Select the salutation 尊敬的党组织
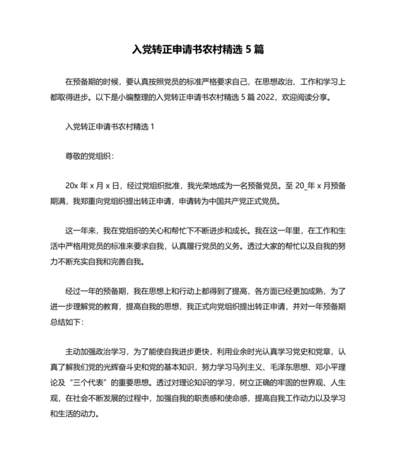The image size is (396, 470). click(88, 155)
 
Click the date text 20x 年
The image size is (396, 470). click(77, 184)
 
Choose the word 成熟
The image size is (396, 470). click(314, 290)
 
